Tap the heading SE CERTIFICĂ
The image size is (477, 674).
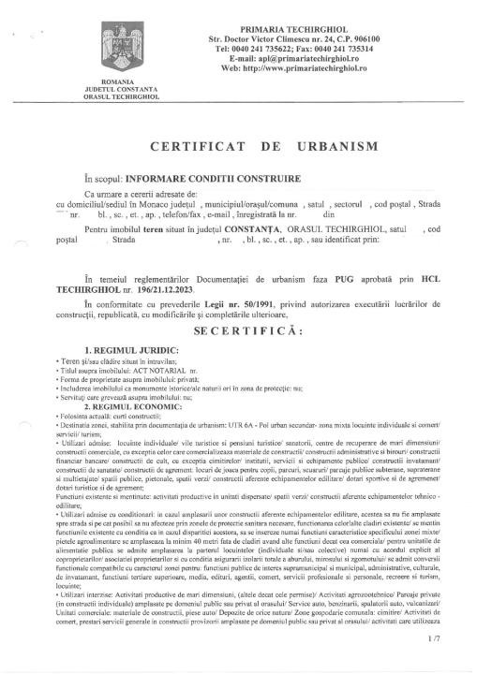tap(238, 331)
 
